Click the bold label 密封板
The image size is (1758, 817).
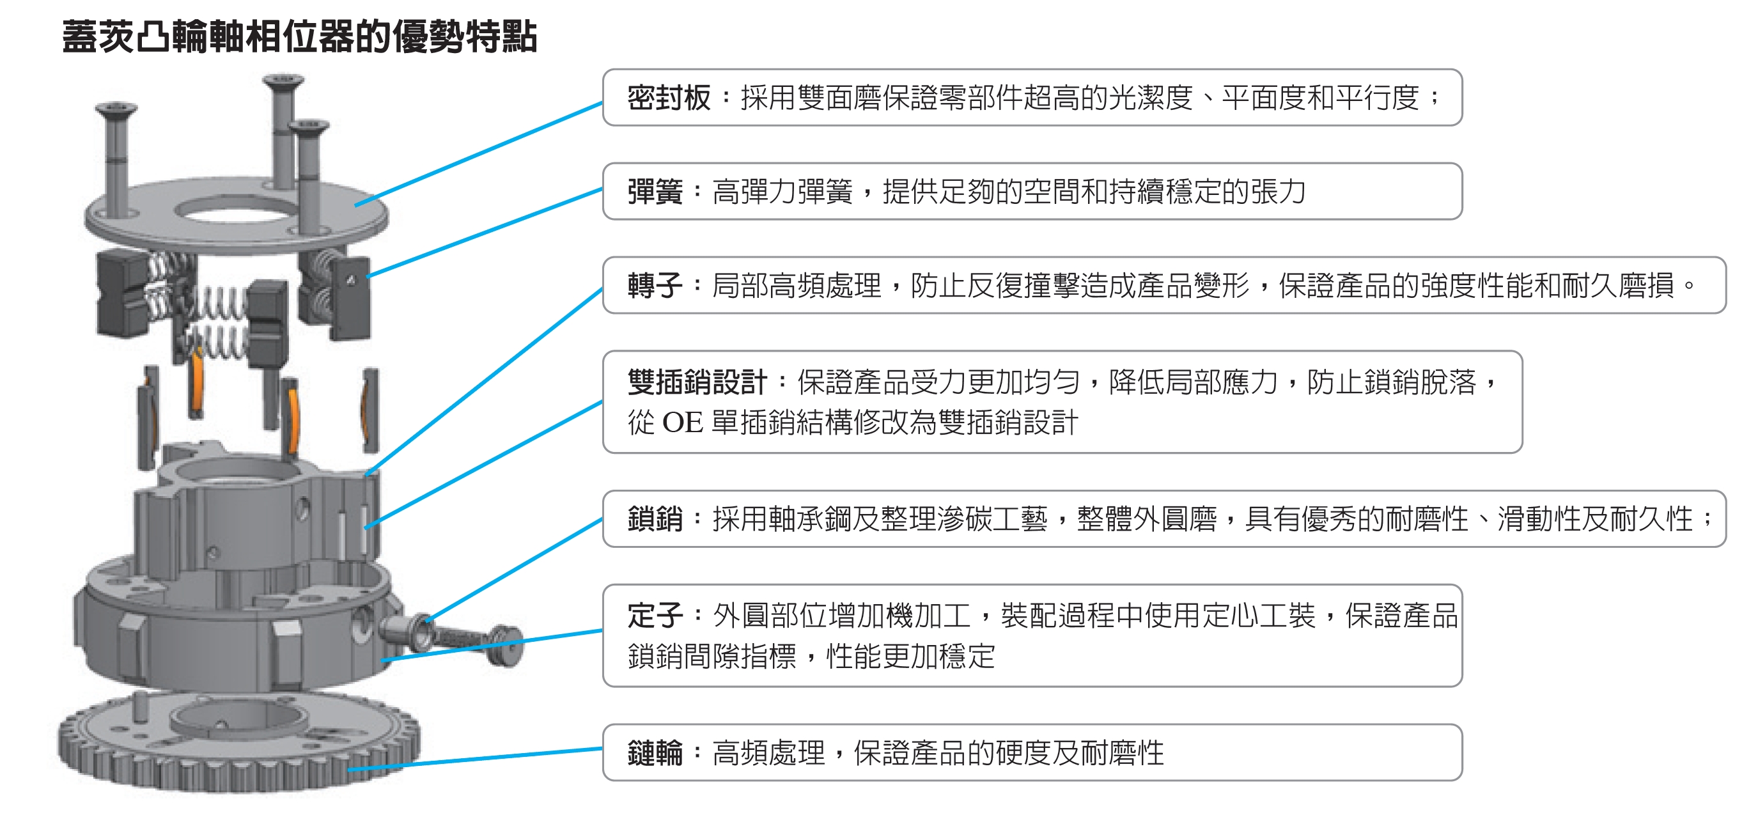point(669,98)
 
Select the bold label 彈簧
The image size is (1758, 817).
point(655,192)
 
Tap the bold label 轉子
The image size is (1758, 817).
point(655,285)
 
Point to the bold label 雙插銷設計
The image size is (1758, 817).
point(697,382)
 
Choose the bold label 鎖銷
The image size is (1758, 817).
point(655,518)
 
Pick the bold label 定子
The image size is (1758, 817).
point(655,616)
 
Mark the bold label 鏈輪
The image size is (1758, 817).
point(655,754)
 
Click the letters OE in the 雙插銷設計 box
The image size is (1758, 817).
point(683,423)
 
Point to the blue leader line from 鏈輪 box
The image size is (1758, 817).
point(476,759)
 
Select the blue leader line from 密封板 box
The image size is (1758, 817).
point(478,154)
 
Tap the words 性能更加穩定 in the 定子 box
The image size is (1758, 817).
point(911,657)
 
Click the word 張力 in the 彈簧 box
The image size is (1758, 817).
point(1277,192)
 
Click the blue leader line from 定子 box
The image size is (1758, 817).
point(492,645)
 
